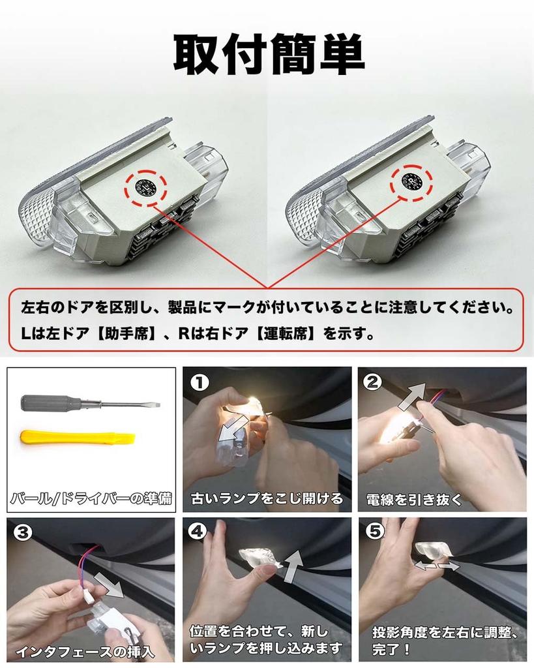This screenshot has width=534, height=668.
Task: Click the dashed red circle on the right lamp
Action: tap(411, 181)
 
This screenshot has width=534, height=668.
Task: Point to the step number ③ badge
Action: tap(22, 533)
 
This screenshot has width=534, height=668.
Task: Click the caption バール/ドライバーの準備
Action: tap(91, 500)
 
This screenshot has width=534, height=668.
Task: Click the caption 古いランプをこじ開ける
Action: tap(266, 499)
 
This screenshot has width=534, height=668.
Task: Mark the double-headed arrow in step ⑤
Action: tap(438, 567)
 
